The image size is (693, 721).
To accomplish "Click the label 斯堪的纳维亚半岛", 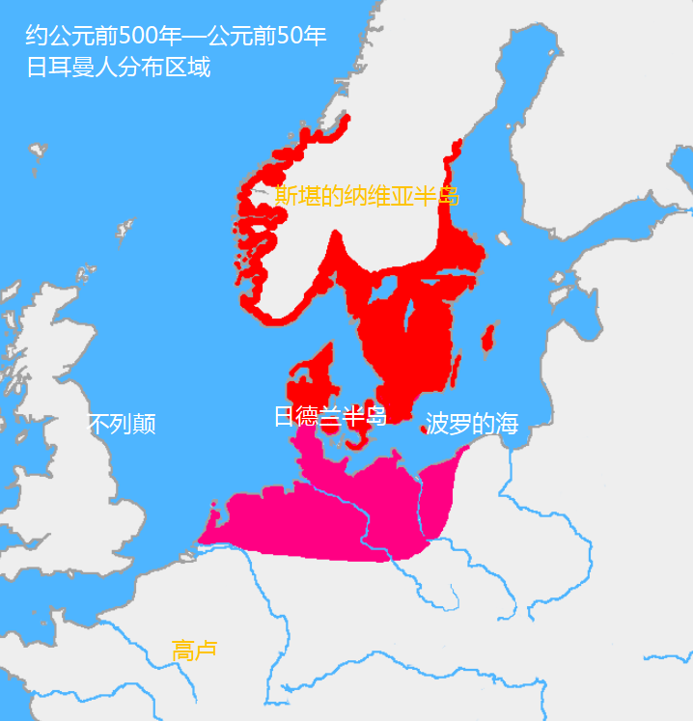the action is tap(367, 197).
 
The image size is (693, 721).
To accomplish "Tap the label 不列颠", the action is tap(122, 424).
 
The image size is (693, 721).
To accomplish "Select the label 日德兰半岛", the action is tap(330, 417).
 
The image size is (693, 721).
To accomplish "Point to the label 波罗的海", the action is tap(472, 424).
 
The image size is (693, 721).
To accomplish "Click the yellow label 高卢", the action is tap(194, 651).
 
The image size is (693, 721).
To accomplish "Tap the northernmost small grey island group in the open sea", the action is tap(37, 151).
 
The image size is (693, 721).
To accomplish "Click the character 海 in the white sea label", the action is tap(508, 424).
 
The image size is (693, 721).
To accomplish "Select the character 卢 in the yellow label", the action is tap(206, 651).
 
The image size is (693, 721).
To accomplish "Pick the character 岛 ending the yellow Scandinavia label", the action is tap(448, 197).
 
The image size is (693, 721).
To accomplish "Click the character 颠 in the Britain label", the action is tap(145, 424).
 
